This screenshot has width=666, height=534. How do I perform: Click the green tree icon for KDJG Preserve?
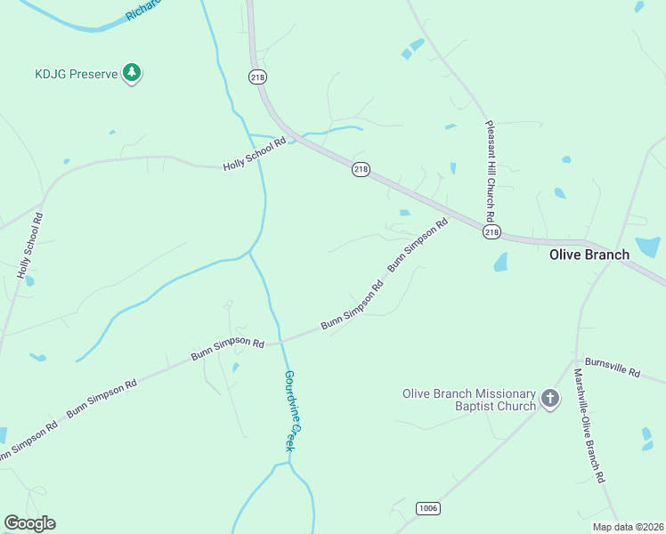pos(132,73)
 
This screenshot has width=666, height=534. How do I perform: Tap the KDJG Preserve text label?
pos(77,74)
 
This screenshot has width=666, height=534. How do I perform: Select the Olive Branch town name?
pos(589,255)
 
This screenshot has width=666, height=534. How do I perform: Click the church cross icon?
pos(550,399)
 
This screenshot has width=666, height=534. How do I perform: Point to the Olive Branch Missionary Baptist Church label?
pos(469,400)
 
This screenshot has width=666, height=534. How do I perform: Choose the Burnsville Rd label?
pos(613,368)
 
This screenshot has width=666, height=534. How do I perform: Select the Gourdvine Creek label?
pos(289,410)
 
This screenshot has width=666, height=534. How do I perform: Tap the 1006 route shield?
pos(427,507)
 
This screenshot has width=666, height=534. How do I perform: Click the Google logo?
pos(29,523)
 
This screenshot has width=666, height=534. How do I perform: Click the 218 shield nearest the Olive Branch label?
pos(492,231)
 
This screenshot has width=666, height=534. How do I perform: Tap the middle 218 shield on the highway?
pos(360,169)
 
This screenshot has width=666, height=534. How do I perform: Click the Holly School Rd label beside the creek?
pos(255,155)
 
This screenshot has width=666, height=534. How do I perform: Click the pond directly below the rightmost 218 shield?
pos(499,262)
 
